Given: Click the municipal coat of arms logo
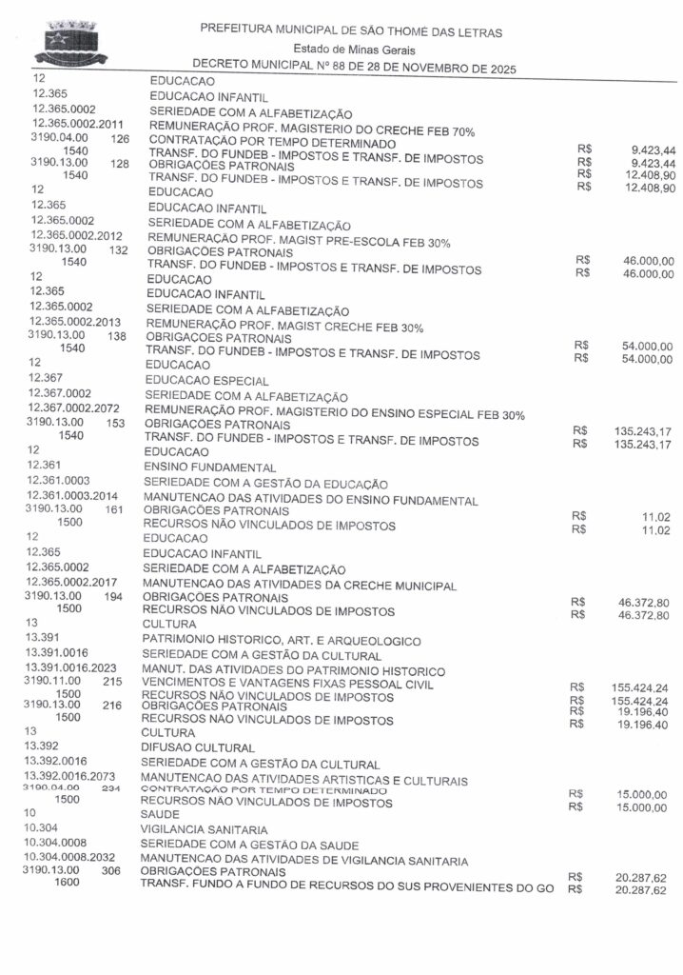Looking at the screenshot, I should click(70, 43).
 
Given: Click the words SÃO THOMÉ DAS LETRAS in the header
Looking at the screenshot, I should click(422, 31).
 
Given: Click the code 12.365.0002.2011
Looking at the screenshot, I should click(78, 124).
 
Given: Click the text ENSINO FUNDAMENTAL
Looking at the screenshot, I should click(209, 468).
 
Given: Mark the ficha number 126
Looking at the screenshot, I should click(120, 138).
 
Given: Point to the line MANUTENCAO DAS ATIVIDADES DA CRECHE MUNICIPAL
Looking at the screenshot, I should click(300, 584).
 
